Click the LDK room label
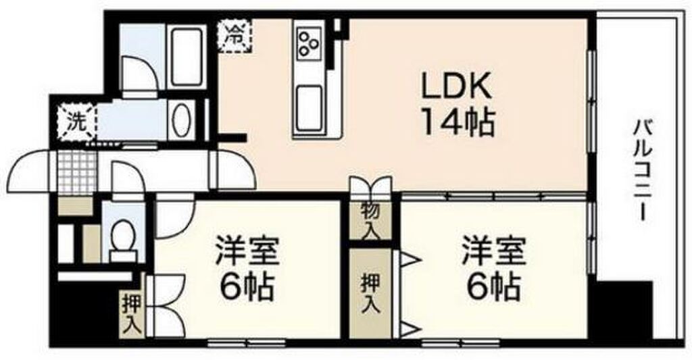[x=456, y=87]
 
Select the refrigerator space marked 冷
[x=234, y=35]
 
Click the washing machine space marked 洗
[x=76, y=122]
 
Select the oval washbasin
[x=181, y=120]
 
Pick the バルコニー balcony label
[x=642, y=170]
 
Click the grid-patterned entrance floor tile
[x=77, y=172]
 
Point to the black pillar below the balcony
[x=622, y=310]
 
